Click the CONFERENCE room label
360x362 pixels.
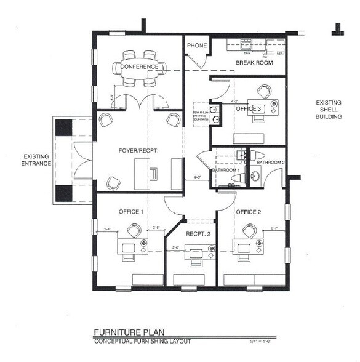click(139, 66)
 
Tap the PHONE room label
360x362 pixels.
click(197, 46)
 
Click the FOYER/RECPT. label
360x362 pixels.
click(136, 150)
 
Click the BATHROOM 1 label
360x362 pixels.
click(225, 170)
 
